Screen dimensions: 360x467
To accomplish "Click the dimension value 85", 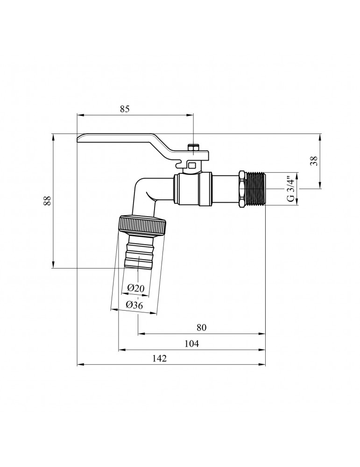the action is [125, 109].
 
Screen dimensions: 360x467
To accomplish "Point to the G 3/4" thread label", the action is [291, 189].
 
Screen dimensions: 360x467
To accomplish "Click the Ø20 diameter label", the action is [136, 288].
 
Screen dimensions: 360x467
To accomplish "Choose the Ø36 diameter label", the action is [134, 305].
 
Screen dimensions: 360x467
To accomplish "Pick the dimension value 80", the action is [202, 327].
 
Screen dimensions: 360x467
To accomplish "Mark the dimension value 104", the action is [191, 344].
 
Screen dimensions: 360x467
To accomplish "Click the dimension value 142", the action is [160, 358].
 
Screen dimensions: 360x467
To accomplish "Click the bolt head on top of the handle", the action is [193, 148].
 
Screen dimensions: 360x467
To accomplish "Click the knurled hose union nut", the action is [142, 226].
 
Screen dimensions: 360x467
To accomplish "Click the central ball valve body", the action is [193, 189].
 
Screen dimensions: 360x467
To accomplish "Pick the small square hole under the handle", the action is [192, 164].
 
